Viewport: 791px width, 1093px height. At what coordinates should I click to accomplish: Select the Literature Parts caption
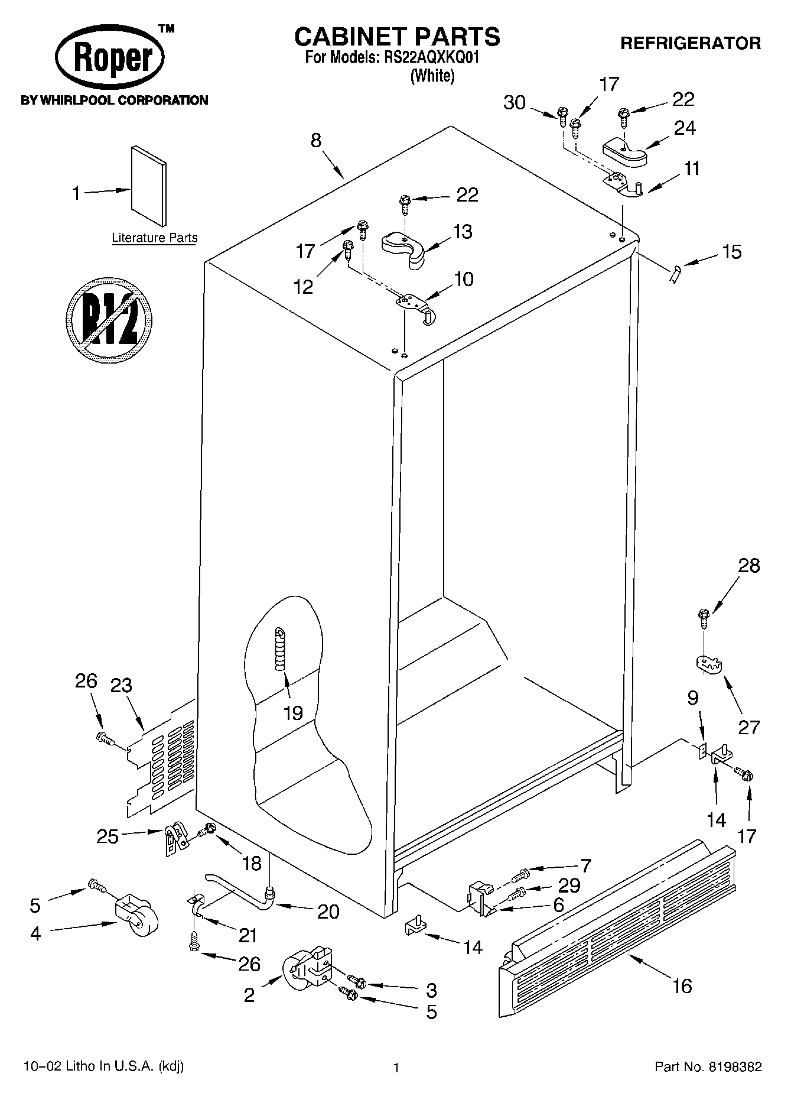pos(155,238)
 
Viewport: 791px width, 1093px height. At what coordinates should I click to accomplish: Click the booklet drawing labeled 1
pos(148,186)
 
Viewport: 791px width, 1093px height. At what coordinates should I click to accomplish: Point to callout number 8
pos(316,141)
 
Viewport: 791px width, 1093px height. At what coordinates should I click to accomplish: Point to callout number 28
pos(748,566)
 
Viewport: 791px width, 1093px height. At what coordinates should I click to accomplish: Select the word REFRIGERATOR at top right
pos(690,43)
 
